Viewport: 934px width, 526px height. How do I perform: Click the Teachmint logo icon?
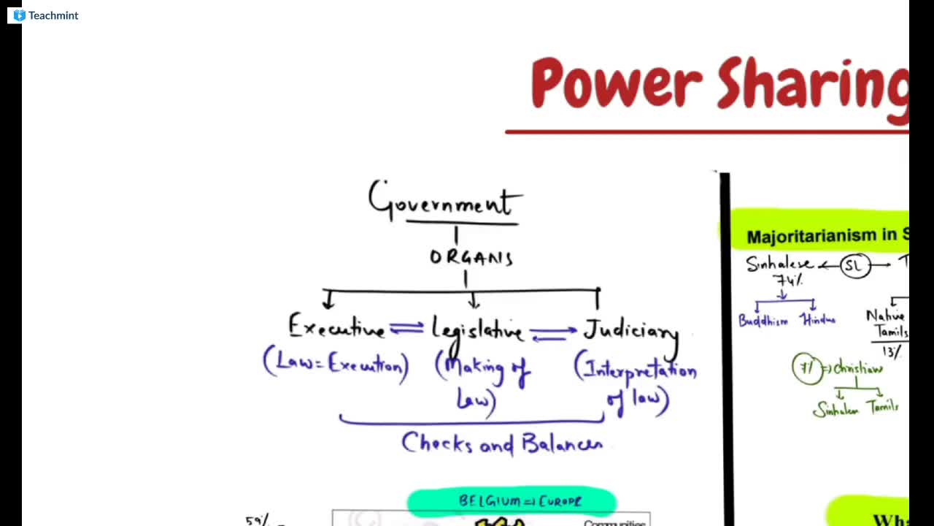point(19,15)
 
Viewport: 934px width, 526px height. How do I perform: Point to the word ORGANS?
point(471,258)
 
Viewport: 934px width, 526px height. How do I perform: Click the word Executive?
point(336,328)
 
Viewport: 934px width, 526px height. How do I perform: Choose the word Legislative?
point(477,330)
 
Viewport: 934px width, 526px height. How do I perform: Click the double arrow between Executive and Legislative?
point(406,329)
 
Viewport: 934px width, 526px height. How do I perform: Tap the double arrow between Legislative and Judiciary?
point(552,334)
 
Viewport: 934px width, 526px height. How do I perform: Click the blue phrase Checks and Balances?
point(502,443)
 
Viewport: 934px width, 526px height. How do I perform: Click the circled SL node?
point(853,266)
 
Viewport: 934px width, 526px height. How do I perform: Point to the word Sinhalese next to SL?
point(779,264)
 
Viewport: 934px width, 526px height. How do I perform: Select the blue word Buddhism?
point(763,321)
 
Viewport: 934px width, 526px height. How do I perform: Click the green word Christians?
point(858,368)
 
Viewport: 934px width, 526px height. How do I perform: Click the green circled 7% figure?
point(806,369)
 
